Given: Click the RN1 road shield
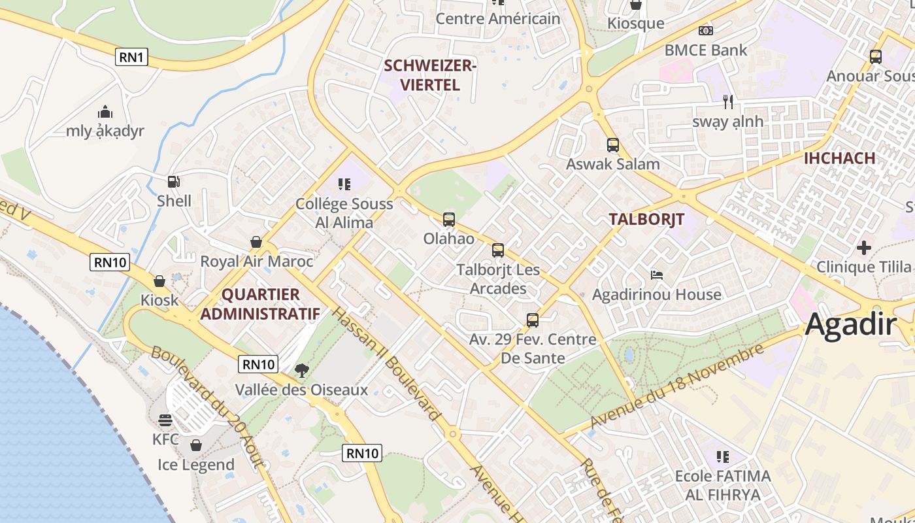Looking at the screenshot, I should coord(131,57).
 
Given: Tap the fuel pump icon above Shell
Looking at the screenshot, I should coord(173,182).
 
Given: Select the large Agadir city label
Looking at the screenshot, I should coord(850,324).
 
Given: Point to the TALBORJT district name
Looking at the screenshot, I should coord(646,219).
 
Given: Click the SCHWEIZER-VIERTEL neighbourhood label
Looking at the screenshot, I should coord(430,75).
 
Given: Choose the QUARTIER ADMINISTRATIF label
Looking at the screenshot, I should coord(260,304).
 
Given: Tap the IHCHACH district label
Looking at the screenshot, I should coord(839,158).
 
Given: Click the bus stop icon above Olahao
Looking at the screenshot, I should coord(448,220).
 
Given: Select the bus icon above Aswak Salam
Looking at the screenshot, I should coord(612,145).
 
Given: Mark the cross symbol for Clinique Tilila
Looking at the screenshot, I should coord(863,248).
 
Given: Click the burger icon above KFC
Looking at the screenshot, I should coord(165,420).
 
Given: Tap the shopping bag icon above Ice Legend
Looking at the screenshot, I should coord(195,446).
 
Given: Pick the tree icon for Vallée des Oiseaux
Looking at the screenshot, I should coord(301,371).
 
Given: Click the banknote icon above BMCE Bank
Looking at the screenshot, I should coord(705,31).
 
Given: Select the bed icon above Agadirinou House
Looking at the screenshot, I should coord(656,275).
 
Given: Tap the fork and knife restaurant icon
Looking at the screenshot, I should coord(728,102).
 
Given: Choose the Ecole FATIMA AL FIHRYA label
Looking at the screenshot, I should coord(722,485).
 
